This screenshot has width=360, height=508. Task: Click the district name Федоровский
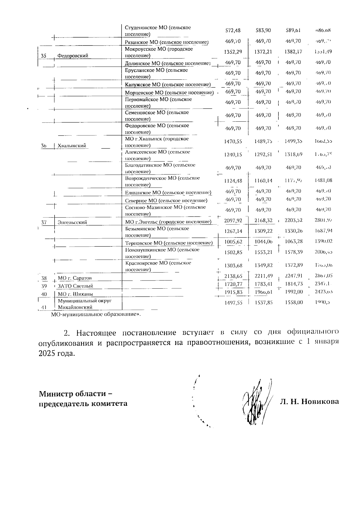click(73, 55)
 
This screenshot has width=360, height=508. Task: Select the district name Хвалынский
click(72, 146)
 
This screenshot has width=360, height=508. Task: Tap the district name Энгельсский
click(72, 222)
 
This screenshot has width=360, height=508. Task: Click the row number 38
click(44, 278)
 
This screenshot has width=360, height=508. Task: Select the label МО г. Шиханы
click(75, 294)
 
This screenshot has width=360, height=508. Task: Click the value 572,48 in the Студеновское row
click(233, 30)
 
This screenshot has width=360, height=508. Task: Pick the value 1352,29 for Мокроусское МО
click(233, 52)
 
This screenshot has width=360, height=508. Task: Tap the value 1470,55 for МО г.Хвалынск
click(233, 141)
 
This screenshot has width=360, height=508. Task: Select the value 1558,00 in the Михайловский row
click(294, 302)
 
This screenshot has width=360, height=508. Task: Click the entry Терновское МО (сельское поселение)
click(169, 243)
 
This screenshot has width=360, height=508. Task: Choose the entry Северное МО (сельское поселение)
click(166, 201)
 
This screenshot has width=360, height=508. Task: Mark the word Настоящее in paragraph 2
click(98, 333)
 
